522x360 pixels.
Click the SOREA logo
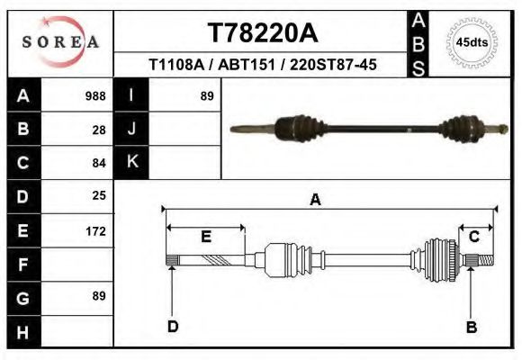pyautogui.click(x=60, y=42)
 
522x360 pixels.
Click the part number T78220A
pyautogui.click(x=262, y=33)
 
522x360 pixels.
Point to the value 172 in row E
pyautogui.click(x=95, y=230)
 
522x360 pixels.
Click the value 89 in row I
pyautogui.click(x=206, y=96)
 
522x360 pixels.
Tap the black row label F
pyautogui.click(x=22, y=265)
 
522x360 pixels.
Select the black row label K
pyautogui.click(x=131, y=163)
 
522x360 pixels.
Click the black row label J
pyautogui.click(x=131, y=130)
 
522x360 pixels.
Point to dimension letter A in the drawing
pyautogui.click(x=315, y=200)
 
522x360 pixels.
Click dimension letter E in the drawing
pyautogui.click(x=205, y=237)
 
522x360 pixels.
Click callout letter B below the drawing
pyautogui.click(x=471, y=327)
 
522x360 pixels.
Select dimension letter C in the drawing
pyautogui.click(x=474, y=236)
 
